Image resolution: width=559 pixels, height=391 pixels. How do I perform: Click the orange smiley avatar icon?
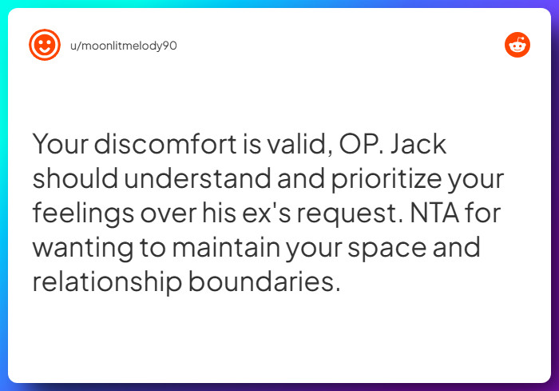pyautogui.click(x=45, y=46)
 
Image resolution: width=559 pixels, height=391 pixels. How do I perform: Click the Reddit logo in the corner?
pyautogui.click(x=517, y=46)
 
